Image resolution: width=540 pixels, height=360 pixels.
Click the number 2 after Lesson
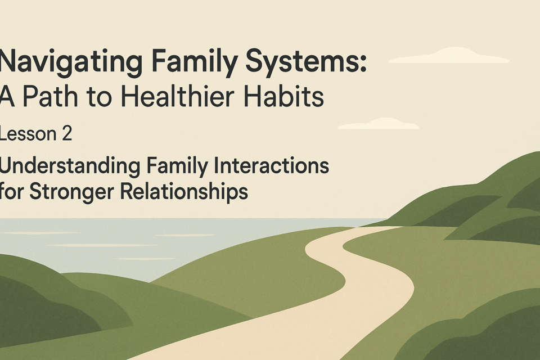(67, 133)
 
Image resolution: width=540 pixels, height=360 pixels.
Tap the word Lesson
(28, 133)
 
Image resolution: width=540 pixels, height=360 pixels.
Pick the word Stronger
(71, 192)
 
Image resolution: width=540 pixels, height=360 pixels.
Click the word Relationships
(184, 192)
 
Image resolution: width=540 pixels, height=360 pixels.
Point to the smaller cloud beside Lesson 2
(378, 124)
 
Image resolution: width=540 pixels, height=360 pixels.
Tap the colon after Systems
(362, 65)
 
